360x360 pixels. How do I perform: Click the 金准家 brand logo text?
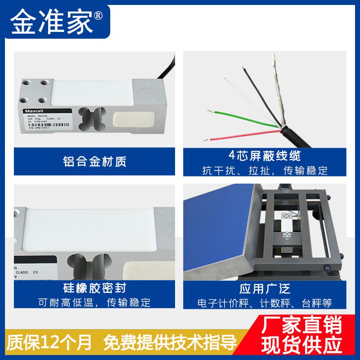(52, 21)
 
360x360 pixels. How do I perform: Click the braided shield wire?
(276, 90)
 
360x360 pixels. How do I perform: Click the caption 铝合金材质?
(94, 161)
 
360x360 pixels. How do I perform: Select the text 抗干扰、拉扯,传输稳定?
(265, 171)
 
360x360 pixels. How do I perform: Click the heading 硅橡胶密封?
(94, 288)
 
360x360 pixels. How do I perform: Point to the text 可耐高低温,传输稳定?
(94, 302)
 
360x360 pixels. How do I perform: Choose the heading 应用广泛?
(265, 288)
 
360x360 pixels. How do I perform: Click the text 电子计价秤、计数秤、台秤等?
(265, 302)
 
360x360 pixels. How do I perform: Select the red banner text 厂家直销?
(302, 325)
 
